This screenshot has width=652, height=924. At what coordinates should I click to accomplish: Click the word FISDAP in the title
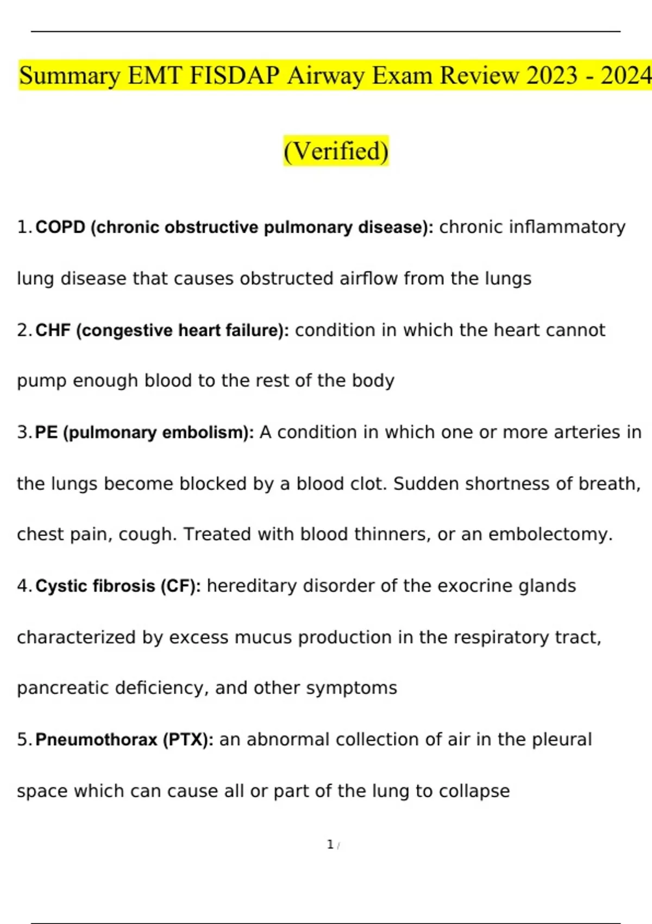pyautogui.click(x=234, y=76)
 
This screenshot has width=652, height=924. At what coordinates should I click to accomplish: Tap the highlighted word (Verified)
pyautogui.click(x=336, y=151)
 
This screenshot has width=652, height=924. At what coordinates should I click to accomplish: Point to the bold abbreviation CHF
pyautogui.click(x=53, y=330)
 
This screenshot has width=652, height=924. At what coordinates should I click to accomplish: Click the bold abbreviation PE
pyautogui.click(x=46, y=433)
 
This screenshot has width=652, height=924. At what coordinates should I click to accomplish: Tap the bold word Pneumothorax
pyautogui.click(x=96, y=740)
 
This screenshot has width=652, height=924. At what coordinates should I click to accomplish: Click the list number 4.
pyautogui.click(x=23, y=586)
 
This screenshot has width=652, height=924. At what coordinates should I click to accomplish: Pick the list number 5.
pyautogui.click(x=23, y=740)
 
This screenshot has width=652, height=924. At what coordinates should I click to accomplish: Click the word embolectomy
pyautogui.click(x=550, y=535)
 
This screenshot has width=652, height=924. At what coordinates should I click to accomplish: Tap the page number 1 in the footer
pyautogui.click(x=330, y=845)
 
